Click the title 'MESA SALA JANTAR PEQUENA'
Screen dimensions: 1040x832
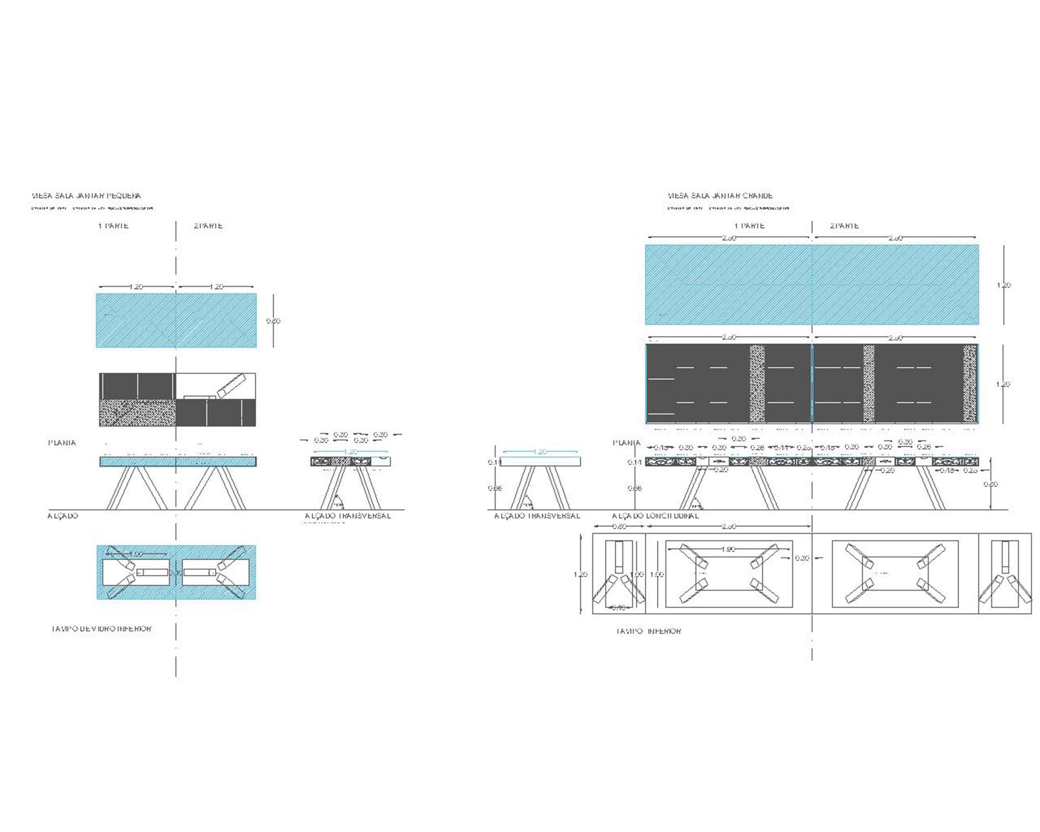[86, 196]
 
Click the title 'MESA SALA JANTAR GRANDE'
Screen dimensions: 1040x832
[720, 196]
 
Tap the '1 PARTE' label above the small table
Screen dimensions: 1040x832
[113, 226]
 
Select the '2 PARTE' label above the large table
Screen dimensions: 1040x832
[844, 226]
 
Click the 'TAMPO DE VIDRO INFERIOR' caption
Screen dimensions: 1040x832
[101, 629]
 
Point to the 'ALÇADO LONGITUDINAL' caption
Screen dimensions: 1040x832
[655, 516]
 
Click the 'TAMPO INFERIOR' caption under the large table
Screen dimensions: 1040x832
[648, 631]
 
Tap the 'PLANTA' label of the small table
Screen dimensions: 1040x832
[62, 443]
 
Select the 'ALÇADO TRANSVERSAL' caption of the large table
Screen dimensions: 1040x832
[537, 516]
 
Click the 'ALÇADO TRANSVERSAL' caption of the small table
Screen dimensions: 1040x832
[347, 516]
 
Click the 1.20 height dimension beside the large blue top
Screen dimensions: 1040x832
[1004, 285]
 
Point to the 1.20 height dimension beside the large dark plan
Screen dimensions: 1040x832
[1003, 384]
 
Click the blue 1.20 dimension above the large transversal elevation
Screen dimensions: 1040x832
[540, 452]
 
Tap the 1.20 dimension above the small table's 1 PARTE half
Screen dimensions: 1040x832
[136, 287]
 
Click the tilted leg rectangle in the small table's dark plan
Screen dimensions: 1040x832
[230, 385]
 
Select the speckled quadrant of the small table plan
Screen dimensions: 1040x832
[137, 412]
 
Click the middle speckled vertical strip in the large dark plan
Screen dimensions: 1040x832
[868, 384]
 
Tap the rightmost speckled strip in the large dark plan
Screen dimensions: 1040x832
[969, 384]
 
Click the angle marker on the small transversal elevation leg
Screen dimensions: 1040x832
[339, 502]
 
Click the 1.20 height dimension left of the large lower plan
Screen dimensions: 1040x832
[580, 574]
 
